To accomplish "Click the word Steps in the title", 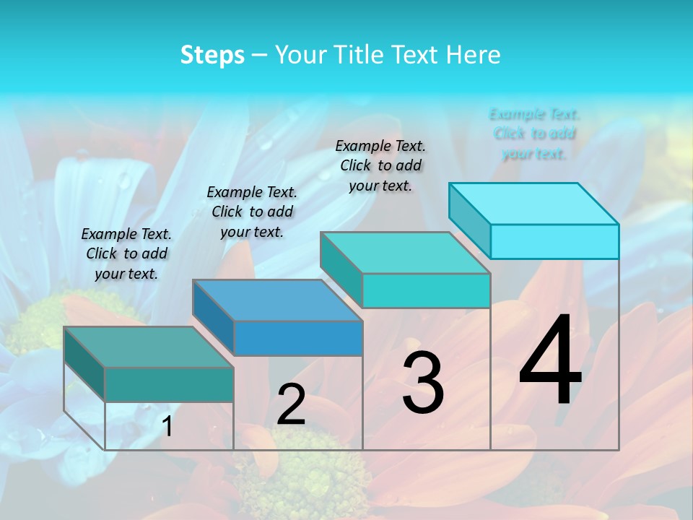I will click(212, 56).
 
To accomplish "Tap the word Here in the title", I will click(473, 56).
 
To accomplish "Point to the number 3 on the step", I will click(422, 383).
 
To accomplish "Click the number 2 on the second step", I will click(291, 404).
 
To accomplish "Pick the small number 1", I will click(167, 426).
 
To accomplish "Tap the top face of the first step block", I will click(148, 347).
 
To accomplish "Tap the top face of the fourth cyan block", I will click(534, 204).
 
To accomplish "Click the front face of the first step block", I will click(169, 384).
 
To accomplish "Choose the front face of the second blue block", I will click(298, 338).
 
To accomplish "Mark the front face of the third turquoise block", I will click(426, 290).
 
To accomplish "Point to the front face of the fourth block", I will click(554, 241).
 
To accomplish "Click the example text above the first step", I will click(126, 253).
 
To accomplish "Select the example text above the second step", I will click(252, 212).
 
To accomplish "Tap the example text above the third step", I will click(380, 165).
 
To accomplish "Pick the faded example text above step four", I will click(534, 134).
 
